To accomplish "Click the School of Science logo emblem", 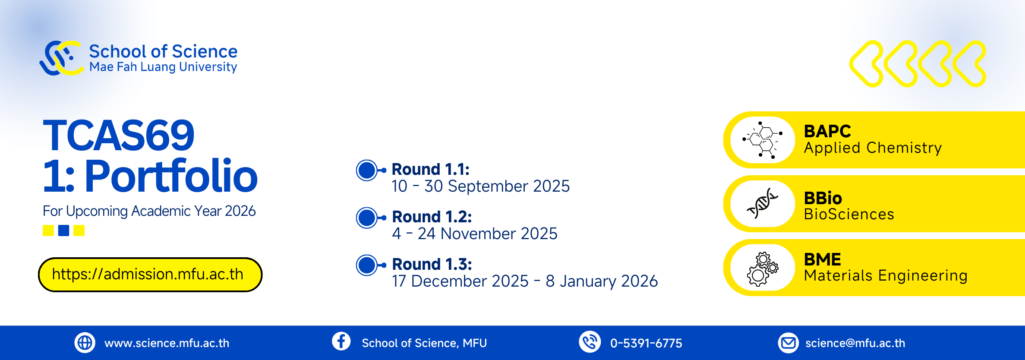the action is pos(62,58).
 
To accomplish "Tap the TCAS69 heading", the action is pos(119,136).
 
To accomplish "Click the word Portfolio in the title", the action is pos(171,176).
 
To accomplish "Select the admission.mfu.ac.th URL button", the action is pos(150,275).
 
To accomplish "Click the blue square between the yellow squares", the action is pos(63,231).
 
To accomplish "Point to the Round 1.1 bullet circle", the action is pos(367,171).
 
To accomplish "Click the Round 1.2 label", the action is pos(432,217).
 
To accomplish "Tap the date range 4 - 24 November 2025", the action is pos(475,234).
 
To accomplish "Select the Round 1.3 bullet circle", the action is pos(367,265).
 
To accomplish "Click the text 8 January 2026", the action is pos(602,281).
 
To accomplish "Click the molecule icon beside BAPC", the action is pos(763,140).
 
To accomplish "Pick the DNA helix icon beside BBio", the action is pos(762,203).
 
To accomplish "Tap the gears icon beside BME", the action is pos(763,268).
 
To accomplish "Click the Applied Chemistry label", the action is pos(873,148).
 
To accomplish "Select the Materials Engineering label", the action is pos(886,275).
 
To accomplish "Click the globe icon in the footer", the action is pos(85,343).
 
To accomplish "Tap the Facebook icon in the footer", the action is pos(341,341).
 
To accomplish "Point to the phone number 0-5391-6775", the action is pos(646,343).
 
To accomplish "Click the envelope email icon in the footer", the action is pos(788,343).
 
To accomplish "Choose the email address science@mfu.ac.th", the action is pos(855,343).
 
